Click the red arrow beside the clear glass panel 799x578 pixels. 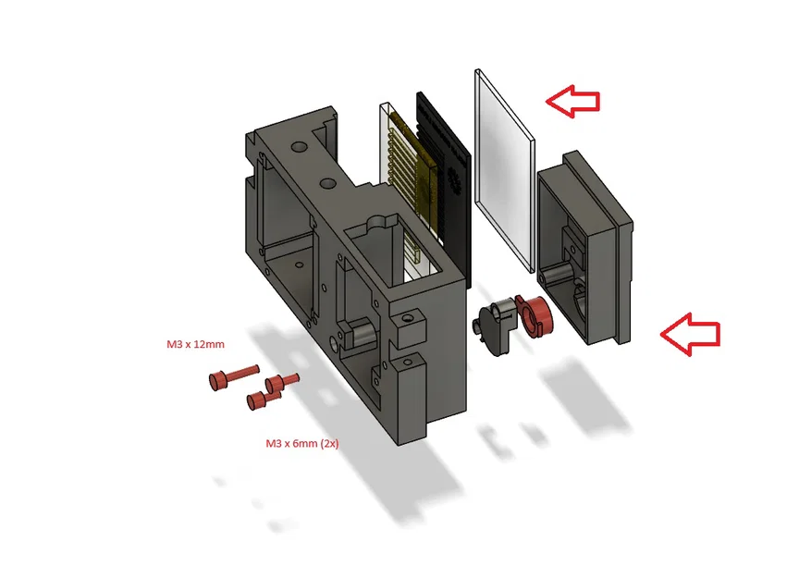[572, 102]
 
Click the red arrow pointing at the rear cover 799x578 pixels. [690, 335]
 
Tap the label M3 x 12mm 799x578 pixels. [195, 344]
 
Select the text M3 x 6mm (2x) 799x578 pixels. [302, 443]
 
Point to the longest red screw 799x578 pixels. [234, 377]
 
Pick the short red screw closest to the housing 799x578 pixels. [282, 382]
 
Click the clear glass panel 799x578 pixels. [505, 171]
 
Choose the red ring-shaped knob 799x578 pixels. [535, 316]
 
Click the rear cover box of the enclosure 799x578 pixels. [585, 247]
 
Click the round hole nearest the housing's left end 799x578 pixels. [299, 148]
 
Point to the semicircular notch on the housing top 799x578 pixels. [378, 223]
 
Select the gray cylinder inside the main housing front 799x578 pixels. [363, 334]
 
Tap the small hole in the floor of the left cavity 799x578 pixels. [299, 265]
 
